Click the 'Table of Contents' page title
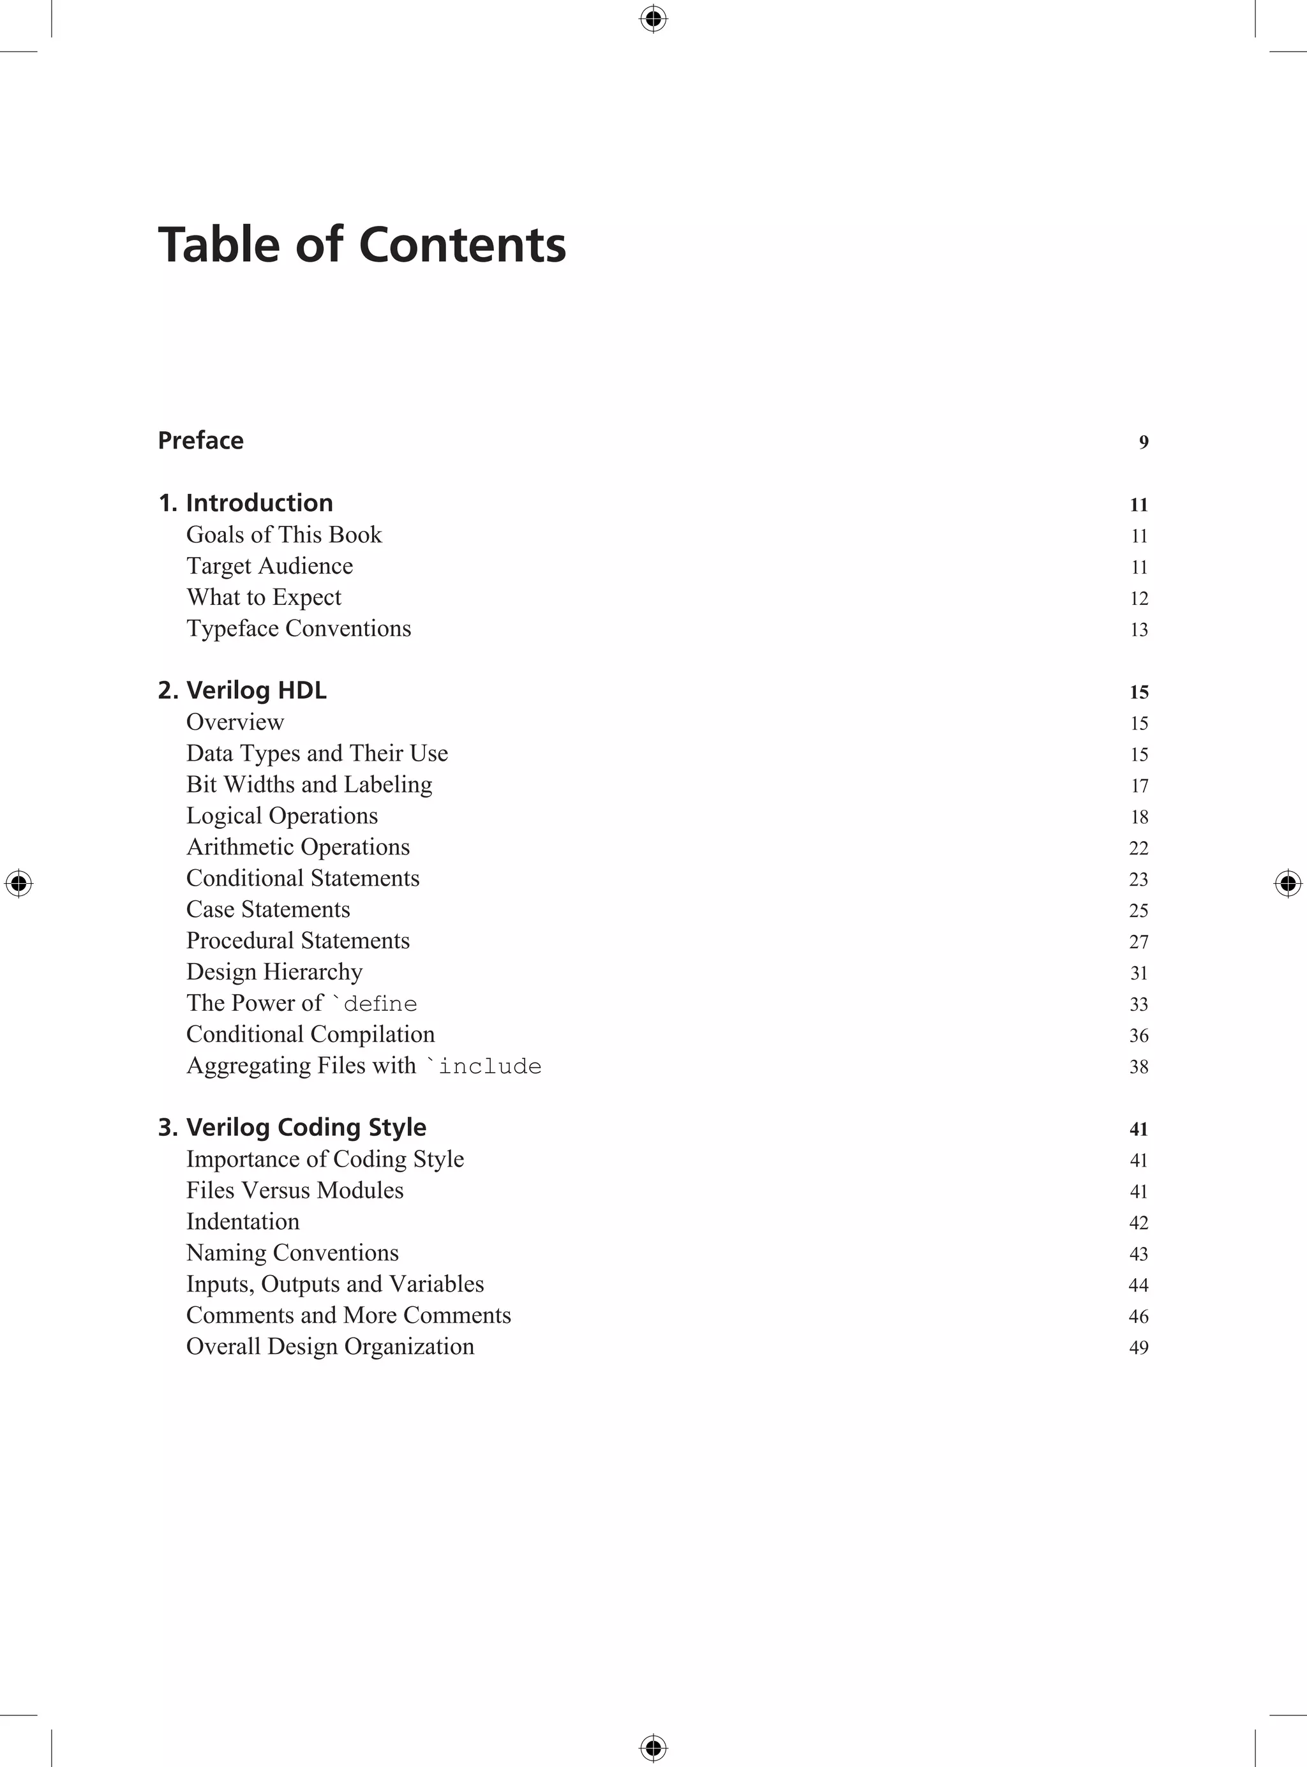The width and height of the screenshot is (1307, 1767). pyautogui.click(x=362, y=244)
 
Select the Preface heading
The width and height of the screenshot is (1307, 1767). pyautogui.click(x=201, y=440)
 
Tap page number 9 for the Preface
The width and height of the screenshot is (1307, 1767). pyautogui.click(x=1143, y=442)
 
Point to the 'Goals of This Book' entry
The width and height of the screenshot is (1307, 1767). pyautogui.click(x=284, y=535)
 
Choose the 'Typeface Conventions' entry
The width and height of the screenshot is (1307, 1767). pyautogui.click(x=298, y=629)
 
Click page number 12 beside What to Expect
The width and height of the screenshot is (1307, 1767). pyautogui.click(x=1139, y=599)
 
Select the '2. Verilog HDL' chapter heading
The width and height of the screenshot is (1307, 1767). pyautogui.click(x=242, y=690)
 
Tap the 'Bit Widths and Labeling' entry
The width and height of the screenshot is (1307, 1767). pyautogui.click(x=310, y=785)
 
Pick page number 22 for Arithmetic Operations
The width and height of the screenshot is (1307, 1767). pyautogui.click(x=1139, y=848)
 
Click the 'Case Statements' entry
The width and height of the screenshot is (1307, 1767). pyautogui.click(x=268, y=909)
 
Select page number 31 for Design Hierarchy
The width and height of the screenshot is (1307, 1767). pyautogui.click(x=1139, y=973)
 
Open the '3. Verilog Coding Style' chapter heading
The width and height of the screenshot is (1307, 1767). pyautogui.click(x=292, y=1127)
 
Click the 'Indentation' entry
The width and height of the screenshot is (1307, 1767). pyautogui.click(x=243, y=1222)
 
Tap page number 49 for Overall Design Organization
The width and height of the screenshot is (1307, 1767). pyautogui.click(x=1139, y=1348)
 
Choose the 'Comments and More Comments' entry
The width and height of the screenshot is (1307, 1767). pyautogui.click(x=348, y=1315)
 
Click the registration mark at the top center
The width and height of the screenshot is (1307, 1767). pyautogui.click(x=653, y=19)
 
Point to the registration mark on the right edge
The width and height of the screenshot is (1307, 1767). pyautogui.click(x=1288, y=883)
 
